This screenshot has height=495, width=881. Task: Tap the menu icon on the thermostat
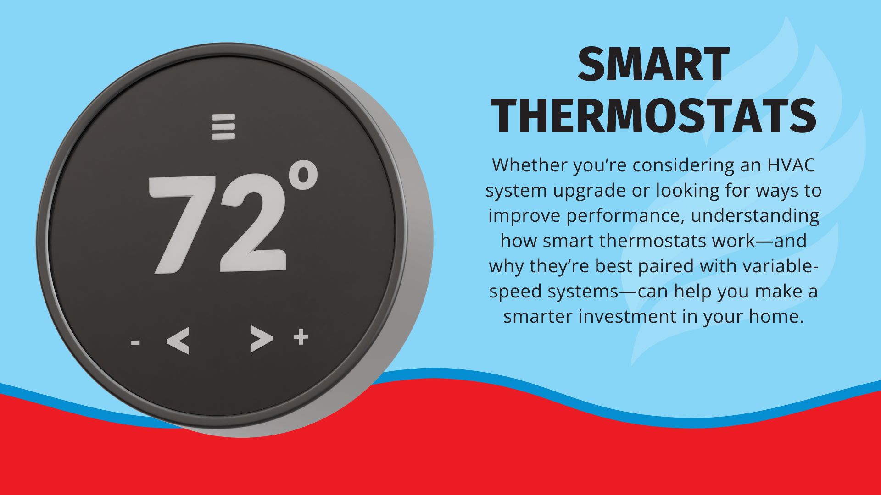[x=223, y=126]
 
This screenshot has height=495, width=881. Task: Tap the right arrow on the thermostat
[x=261, y=339]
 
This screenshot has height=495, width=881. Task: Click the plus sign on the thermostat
[x=301, y=337]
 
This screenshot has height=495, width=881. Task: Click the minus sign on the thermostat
[x=135, y=342]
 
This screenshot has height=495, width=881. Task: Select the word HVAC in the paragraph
[x=792, y=165]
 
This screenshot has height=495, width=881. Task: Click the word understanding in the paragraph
[x=755, y=216]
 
